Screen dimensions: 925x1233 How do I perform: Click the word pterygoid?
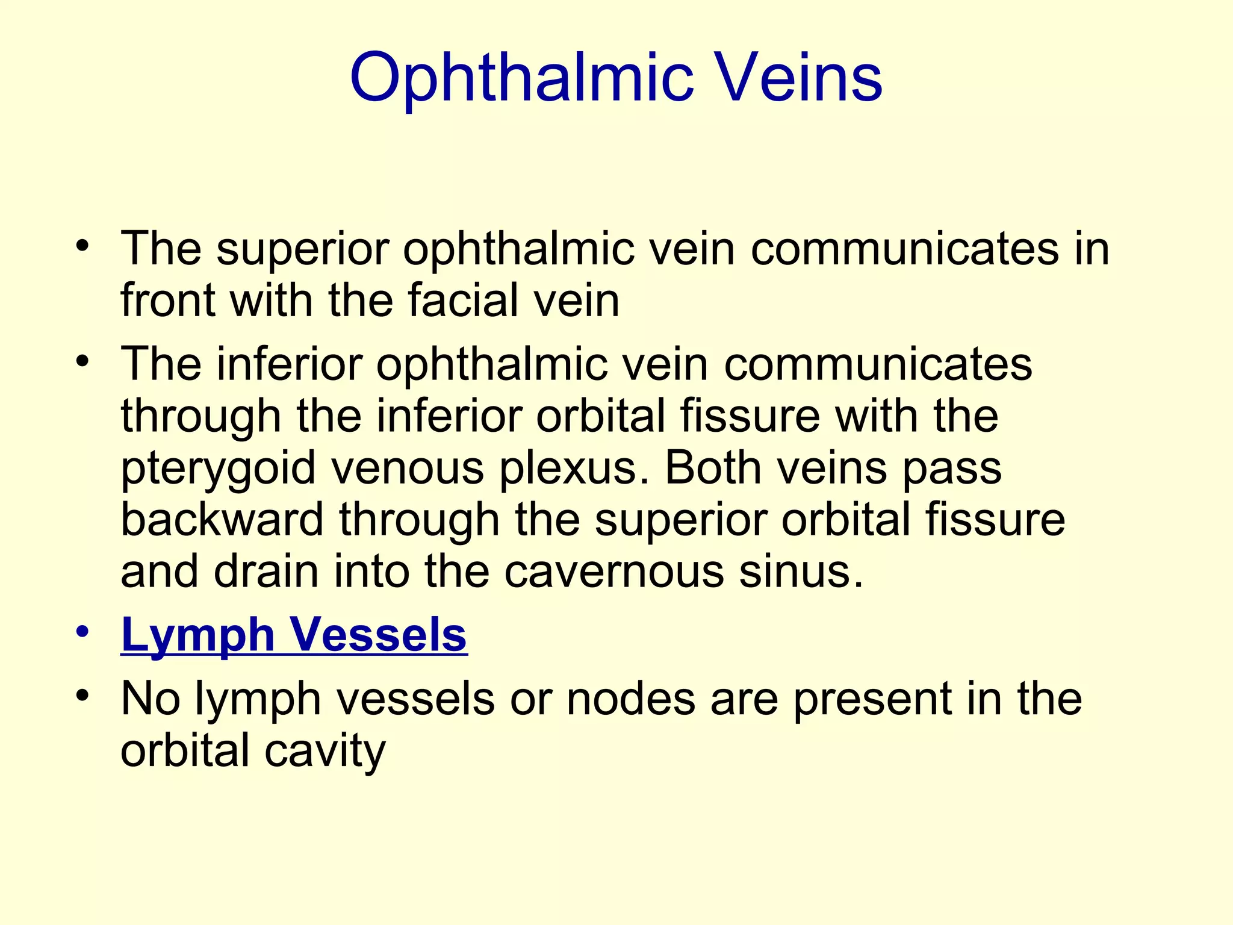pos(218,469)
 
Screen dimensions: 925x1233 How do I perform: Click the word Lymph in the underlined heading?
pos(198,635)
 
